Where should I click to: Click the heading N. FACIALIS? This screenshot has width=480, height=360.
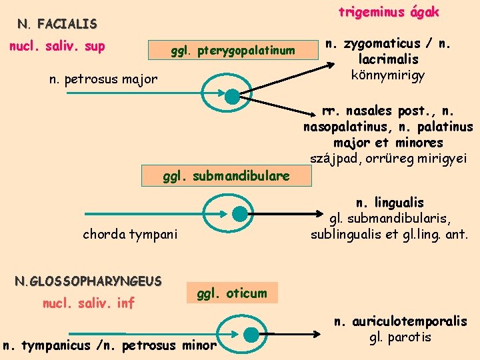(57, 25)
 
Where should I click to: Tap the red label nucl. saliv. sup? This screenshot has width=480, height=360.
(56, 47)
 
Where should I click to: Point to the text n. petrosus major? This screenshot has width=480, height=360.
(103, 79)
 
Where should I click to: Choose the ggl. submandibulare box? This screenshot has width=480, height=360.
(227, 176)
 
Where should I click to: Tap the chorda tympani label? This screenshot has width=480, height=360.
(130, 234)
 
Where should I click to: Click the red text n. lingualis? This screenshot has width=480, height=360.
(390, 203)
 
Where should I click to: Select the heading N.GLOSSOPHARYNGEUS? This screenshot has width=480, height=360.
(88, 281)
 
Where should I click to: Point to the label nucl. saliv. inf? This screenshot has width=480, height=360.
(88, 303)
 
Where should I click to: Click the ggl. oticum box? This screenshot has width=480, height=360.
(231, 293)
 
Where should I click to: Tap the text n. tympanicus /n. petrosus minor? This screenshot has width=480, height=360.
(109, 345)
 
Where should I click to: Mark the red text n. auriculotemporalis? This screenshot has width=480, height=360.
(400, 322)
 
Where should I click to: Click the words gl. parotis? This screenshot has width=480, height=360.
(400, 337)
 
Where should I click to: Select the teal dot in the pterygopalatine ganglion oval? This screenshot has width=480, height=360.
(231, 96)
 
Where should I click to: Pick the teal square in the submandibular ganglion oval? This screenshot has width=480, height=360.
(239, 214)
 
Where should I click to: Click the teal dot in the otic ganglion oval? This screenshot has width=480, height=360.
(251, 333)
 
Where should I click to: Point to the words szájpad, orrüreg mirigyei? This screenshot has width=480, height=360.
(389, 157)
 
